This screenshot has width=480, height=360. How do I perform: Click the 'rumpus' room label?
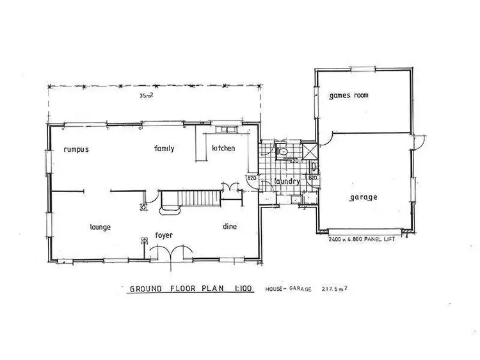[x=75, y=149]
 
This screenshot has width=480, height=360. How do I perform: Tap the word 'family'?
[x=164, y=149]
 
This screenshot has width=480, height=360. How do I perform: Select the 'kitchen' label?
[x=223, y=149]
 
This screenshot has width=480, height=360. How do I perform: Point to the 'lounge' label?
[x=101, y=227]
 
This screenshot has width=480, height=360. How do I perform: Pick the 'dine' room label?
[x=230, y=226]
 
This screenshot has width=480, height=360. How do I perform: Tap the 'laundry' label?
[x=287, y=181]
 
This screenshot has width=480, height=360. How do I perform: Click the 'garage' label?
[x=363, y=197]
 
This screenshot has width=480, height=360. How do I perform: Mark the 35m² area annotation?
[x=148, y=97]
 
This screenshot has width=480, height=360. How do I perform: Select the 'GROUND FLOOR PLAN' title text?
[x=173, y=289]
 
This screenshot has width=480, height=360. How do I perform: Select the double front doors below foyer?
[x=164, y=254]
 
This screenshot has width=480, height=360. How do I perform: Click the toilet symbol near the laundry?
[x=282, y=152]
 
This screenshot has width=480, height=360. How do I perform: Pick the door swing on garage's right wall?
[x=419, y=142]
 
